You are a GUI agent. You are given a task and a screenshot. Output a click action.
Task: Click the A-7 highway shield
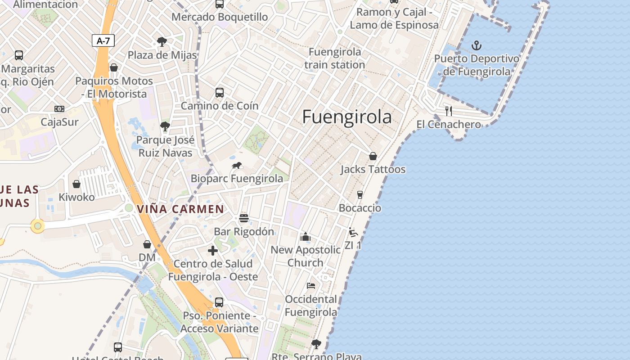[103, 41]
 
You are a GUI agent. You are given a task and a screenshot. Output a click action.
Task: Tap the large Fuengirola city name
[347, 117]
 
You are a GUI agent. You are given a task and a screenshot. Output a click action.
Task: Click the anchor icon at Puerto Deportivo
[476, 45]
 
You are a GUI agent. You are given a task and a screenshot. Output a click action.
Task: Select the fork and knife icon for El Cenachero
[448, 111]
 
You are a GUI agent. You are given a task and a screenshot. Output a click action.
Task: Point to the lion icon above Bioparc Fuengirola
[237, 166]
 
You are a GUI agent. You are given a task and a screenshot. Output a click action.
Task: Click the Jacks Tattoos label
[373, 170]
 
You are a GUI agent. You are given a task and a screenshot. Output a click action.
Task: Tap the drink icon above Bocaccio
[360, 194]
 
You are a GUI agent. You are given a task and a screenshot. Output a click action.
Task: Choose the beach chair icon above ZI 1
[353, 232]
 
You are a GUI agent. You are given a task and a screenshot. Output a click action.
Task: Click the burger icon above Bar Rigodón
[244, 218]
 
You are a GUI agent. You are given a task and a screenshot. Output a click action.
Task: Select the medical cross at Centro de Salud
[213, 250]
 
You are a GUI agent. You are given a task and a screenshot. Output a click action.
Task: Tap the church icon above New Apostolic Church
[306, 237]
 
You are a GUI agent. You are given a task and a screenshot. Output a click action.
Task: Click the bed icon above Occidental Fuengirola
[310, 285]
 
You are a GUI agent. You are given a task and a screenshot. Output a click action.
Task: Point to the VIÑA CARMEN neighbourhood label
[180, 209]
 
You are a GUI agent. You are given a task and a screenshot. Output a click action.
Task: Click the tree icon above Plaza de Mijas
[162, 42]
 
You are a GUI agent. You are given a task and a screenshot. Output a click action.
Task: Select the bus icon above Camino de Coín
[220, 93]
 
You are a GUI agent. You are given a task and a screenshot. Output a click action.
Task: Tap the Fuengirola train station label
[335, 58]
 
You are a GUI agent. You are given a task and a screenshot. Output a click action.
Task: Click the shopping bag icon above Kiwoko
[76, 184]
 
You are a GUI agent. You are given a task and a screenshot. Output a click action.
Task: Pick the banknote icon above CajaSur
[59, 109]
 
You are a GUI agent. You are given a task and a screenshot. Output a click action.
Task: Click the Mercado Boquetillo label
[220, 17]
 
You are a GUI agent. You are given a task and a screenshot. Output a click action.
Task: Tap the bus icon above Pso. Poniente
[219, 302]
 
